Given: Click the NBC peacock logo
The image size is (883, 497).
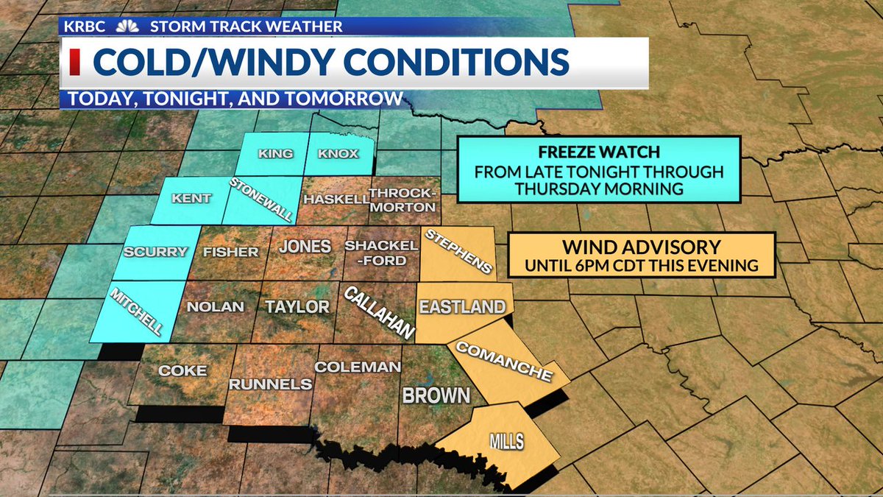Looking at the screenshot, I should (x=128, y=27).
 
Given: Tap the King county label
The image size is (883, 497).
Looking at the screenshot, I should (x=275, y=154).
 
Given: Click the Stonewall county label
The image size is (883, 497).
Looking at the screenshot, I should (x=261, y=200).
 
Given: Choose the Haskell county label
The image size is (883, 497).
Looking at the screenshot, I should (x=336, y=199).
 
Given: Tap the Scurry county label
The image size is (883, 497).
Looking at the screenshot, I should (x=155, y=252).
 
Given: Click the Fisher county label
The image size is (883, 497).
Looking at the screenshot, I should (x=230, y=252).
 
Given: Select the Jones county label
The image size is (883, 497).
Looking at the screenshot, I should (x=304, y=246).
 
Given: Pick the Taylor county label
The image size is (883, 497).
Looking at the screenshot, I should (x=297, y=306).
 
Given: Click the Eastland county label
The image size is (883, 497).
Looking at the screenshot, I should (x=461, y=306).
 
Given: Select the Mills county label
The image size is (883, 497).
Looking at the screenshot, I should (x=506, y=442).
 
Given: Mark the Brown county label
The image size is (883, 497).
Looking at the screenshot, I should (x=436, y=395).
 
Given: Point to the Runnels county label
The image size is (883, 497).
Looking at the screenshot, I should (x=270, y=384).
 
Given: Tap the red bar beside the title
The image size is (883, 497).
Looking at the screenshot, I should (x=75, y=63).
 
